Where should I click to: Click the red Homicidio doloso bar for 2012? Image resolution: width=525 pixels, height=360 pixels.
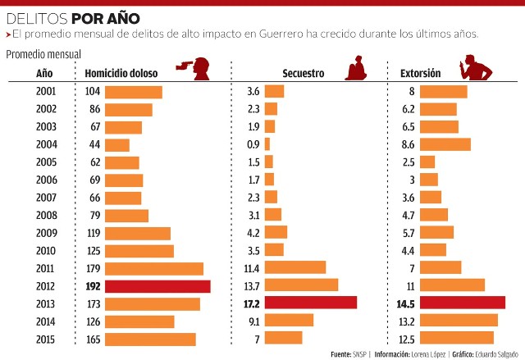pos(157,286)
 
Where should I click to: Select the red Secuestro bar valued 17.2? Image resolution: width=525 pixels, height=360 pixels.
pos(311,303)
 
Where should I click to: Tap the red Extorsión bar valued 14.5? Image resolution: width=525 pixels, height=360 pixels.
pos(463,303)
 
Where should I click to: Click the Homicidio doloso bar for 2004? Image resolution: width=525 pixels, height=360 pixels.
pos(117,145)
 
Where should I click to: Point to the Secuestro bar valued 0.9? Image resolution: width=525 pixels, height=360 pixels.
pos(267,144)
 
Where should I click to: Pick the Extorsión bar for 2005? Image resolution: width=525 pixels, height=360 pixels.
pos(427,162)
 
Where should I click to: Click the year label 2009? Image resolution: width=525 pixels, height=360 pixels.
pos(47,233)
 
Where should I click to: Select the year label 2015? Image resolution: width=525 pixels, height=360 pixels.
pos(45,339)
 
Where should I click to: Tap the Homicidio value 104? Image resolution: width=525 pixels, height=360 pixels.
pos(93,91)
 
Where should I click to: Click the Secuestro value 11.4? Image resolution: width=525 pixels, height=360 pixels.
pos(252,268)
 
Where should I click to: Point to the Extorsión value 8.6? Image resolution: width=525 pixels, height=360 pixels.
pos(409,144)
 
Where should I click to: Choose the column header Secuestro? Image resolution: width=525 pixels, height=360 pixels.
pos(304,73)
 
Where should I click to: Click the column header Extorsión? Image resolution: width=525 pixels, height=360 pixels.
pos(421,73)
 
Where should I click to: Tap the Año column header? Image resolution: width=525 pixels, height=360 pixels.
pos(44,73)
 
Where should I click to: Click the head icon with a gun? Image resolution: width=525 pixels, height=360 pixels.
pos(194,69)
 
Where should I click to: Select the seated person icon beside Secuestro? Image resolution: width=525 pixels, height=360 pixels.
pos(356,68)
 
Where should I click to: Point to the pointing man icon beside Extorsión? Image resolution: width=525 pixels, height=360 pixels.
pos(476,67)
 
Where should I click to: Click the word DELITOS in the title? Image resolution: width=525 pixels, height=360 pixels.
pos(37,19)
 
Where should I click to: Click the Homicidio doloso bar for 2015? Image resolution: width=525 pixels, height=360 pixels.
pos(150,339)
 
